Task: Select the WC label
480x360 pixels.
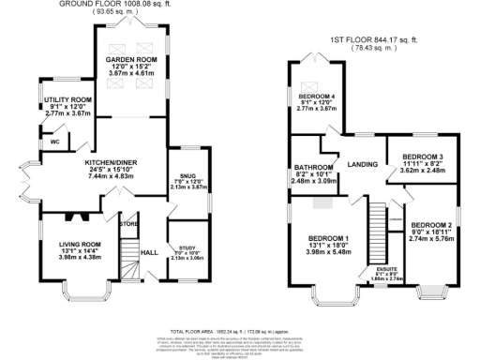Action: (55, 142)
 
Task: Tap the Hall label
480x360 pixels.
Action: (149, 252)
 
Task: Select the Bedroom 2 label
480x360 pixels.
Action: (432, 225)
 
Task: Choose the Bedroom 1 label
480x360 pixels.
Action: (328, 239)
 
